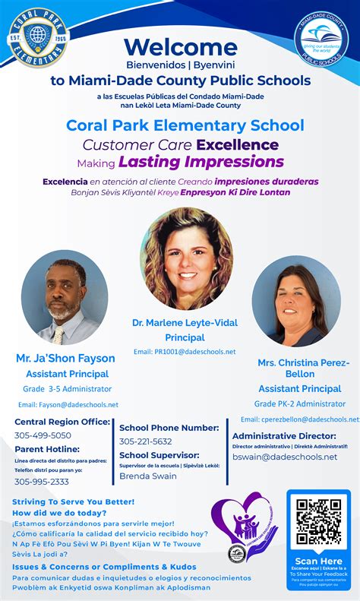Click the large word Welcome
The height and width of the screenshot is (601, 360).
point(181,48)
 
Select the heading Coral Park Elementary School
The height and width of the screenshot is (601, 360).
point(185,125)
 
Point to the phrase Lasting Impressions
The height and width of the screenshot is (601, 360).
point(201,162)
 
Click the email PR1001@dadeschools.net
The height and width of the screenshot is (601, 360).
point(185,352)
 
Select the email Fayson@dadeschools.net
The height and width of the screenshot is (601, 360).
point(68,404)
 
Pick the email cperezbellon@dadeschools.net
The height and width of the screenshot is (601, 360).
point(299,419)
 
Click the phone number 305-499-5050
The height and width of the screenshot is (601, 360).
point(43,435)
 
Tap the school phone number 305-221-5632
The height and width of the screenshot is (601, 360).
point(146,441)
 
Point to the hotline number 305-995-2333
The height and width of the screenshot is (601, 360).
point(42,481)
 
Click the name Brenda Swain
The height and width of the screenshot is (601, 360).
point(148,476)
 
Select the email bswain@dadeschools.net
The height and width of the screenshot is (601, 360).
point(285,457)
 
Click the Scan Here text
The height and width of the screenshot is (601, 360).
point(318,561)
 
